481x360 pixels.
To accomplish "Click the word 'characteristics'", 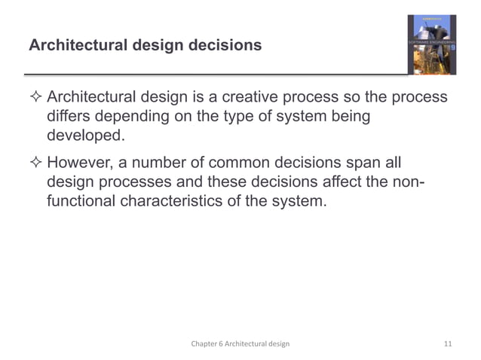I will [184, 202].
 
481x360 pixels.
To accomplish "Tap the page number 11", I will [448, 344].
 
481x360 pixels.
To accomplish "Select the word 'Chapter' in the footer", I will [204, 344].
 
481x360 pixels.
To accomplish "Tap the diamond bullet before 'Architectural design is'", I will [35, 99].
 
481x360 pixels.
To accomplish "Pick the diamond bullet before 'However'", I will [35, 163].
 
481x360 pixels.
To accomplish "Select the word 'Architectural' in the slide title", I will [74, 46].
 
